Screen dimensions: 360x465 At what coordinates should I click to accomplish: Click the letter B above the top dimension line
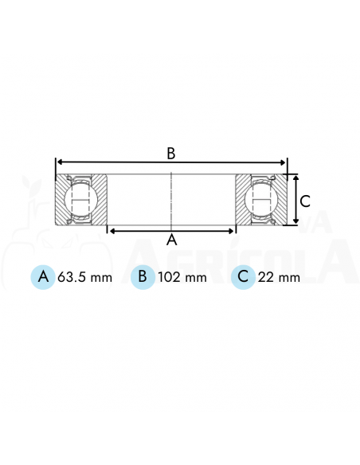pos(171,154)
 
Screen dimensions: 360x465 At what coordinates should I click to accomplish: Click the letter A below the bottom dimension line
pos(172,240)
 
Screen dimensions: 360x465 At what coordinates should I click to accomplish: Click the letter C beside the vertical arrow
pos(305,201)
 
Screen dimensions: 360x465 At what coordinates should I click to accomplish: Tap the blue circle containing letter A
pos(43,277)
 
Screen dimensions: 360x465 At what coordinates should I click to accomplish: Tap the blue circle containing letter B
pos(143,277)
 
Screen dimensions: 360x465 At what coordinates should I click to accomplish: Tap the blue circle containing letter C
pos(243,277)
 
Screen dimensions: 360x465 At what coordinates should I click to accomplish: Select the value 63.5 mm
pos(84,278)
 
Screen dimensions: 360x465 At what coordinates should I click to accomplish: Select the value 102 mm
pos(182,278)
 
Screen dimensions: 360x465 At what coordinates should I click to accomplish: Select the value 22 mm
pos(279,278)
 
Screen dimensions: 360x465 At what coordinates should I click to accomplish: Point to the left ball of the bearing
pos(80,200)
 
